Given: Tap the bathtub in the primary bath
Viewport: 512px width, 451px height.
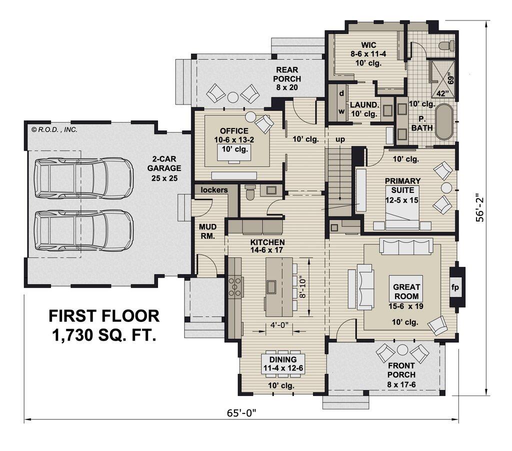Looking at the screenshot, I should [444, 122].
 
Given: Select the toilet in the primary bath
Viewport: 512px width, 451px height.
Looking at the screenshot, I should [446, 46].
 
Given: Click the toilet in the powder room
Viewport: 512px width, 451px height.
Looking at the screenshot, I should [250, 192].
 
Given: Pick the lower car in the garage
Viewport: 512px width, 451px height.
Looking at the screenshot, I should [83, 230].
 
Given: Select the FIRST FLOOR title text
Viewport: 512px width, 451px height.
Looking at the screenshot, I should [104, 316].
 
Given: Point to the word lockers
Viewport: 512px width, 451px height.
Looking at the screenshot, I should [214, 190].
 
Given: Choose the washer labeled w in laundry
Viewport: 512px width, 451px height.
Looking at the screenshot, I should [341, 111].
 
